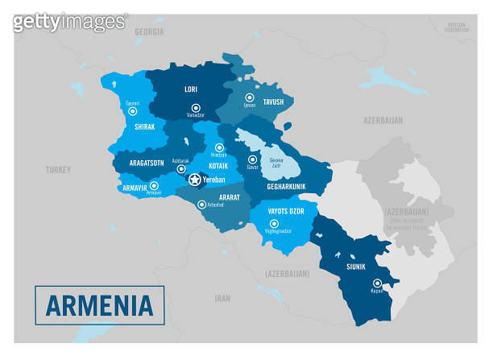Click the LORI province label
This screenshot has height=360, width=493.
pyautogui.click(x=192, y=90)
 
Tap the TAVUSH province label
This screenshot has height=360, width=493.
pyautogui.click(x=273, y=102)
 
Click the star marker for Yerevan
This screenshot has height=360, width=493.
pyautogui.click(x=193, y=180)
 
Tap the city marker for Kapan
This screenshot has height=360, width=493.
pyautogui.click(x=376, y=282)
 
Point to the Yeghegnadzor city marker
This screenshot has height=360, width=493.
pyautogui.click(x=276, y=221)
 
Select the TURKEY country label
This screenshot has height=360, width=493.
pyautogui.click(x=58, y=170)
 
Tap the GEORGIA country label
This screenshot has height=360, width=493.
pyautogui.click(x=149, y=31)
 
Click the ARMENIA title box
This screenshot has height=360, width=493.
pyautogui.click(x=100, y=305)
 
